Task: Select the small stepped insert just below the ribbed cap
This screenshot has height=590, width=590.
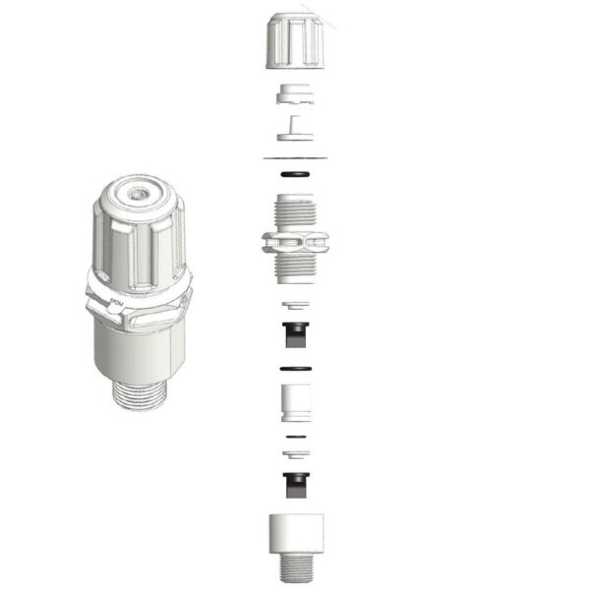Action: point(294,95)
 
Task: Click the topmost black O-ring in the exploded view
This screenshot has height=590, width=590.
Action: point(294,173)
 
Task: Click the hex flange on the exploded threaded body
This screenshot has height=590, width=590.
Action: point(294,242)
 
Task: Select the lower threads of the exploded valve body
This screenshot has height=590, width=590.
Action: point(294,269)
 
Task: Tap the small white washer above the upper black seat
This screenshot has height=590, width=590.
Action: point(294,305)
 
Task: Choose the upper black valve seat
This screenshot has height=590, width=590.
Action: point(294,333)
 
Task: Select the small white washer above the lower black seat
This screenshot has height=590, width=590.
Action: point(294,452)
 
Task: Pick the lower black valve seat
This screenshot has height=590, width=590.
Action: point(294,482)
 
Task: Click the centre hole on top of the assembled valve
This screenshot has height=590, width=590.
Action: point(135,196)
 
